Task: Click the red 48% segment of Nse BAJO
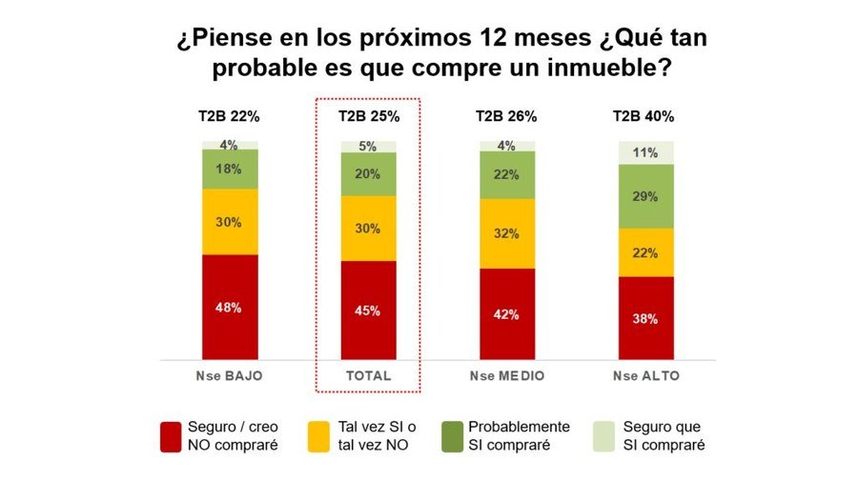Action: click(x=230, y=307)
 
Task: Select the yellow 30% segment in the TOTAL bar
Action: click(x=369, y=229)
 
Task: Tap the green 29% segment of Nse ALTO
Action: click(x=645, y=195)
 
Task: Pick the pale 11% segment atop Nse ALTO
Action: click(x=645, y=151)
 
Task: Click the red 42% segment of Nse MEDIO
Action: click(x=506, y=313)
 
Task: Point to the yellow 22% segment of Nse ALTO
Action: click(x=645, y=252)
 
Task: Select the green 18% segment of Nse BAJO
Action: click(x=230, y=169)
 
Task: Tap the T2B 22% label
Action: click(x=229, y=116)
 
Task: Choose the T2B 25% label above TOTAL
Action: click(x=369, y=116)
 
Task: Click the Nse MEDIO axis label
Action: click(x=506, y=376)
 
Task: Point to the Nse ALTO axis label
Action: click(x=645, y=376)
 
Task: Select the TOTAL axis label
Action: click(x=369, y=376)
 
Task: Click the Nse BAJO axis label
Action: click(x=230, y=376)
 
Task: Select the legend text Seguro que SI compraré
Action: click(x=665, y=435)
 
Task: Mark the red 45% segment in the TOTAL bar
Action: click(x=369, y=311)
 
